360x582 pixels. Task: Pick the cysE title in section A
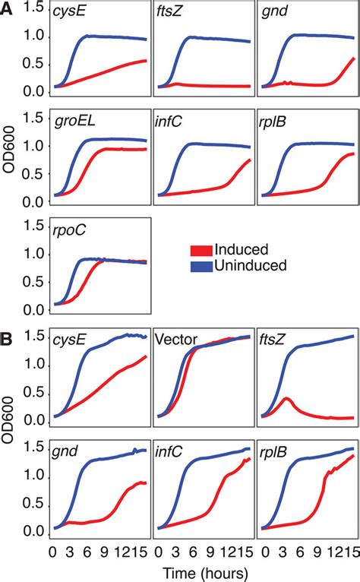click(x=68, y=13)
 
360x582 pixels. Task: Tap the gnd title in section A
click(x=273, y=13)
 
